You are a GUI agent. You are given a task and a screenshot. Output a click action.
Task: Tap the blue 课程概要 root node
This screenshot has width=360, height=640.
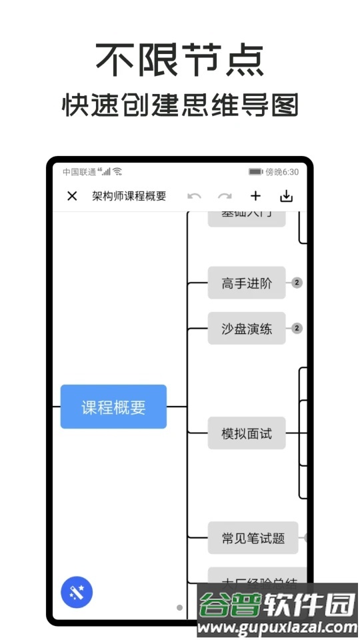[113, 407]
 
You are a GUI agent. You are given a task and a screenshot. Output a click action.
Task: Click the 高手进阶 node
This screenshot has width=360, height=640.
[247, 283]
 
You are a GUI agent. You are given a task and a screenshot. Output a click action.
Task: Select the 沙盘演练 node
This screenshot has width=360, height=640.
[247, 328]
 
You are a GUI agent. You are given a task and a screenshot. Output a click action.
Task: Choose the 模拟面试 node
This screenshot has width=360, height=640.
[247, 433]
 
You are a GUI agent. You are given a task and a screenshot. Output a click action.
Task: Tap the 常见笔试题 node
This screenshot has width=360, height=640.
[253, 538]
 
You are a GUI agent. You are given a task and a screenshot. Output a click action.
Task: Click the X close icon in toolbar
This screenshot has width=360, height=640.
[72, 196]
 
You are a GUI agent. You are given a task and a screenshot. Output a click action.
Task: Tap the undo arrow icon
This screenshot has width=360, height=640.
[194, 196]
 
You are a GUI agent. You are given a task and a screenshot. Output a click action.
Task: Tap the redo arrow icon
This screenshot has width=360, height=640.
[225, 196]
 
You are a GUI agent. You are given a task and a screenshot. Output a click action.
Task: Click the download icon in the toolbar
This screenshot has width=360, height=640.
[286, 196]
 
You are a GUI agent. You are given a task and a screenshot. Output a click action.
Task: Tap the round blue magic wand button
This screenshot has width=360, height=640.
[77, 592]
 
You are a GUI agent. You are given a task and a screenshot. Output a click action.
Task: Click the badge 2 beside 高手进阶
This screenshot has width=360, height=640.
[297, 283]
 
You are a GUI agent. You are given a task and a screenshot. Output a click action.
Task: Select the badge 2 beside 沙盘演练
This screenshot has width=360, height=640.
[297, 328]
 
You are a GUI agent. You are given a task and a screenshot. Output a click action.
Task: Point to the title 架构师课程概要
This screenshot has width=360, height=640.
[129, 196]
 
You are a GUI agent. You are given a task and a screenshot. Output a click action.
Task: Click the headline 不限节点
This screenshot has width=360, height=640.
[179, 60]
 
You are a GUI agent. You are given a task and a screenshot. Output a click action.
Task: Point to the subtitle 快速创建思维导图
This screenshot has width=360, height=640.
[179, 105]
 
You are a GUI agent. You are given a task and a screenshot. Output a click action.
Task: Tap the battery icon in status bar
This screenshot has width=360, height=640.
[255, 172]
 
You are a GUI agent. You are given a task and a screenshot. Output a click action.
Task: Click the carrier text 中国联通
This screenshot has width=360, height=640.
[79, 172]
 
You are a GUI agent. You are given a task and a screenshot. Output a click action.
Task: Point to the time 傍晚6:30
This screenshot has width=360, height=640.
[282, 172]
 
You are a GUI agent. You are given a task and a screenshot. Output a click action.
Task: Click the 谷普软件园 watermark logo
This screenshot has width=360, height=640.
[277, 610]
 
